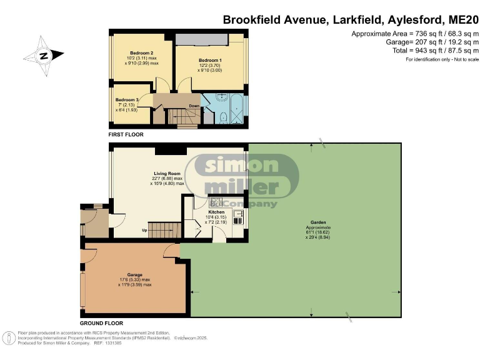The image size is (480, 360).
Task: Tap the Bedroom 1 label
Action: [x=209, y=56]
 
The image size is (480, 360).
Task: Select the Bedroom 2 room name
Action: [x=142, y=52]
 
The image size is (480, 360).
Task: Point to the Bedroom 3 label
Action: [x=127, y=99]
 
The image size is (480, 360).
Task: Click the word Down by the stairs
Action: [x=194, y=106]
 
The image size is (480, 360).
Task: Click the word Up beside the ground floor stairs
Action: [x=145, y=230]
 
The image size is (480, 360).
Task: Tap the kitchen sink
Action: [x=237, y=217]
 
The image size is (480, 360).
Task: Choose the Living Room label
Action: [x=167, y=174]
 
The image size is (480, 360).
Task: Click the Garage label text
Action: [x=135, y=274]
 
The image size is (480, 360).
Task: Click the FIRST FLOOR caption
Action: [x=126, y=134]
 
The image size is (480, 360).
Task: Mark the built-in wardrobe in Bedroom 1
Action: [x=201, y=39]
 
